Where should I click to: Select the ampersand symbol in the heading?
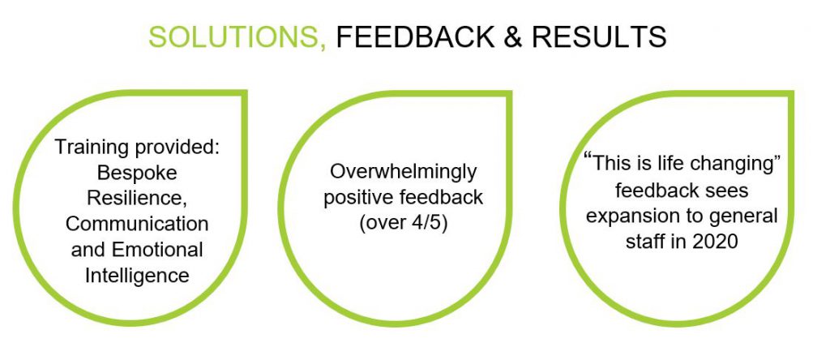512,37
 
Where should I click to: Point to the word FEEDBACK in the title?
414,37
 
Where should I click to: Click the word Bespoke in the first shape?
137,174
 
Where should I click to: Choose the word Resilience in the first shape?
136,198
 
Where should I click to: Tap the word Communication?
136,224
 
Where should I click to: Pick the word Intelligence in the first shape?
137,275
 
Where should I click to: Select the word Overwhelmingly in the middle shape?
403,172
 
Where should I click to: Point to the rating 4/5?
430,223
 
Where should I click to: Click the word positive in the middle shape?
357,198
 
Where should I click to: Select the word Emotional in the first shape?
155,250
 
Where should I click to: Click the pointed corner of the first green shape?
244,93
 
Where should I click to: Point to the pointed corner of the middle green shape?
509,94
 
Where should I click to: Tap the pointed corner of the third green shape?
791,94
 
